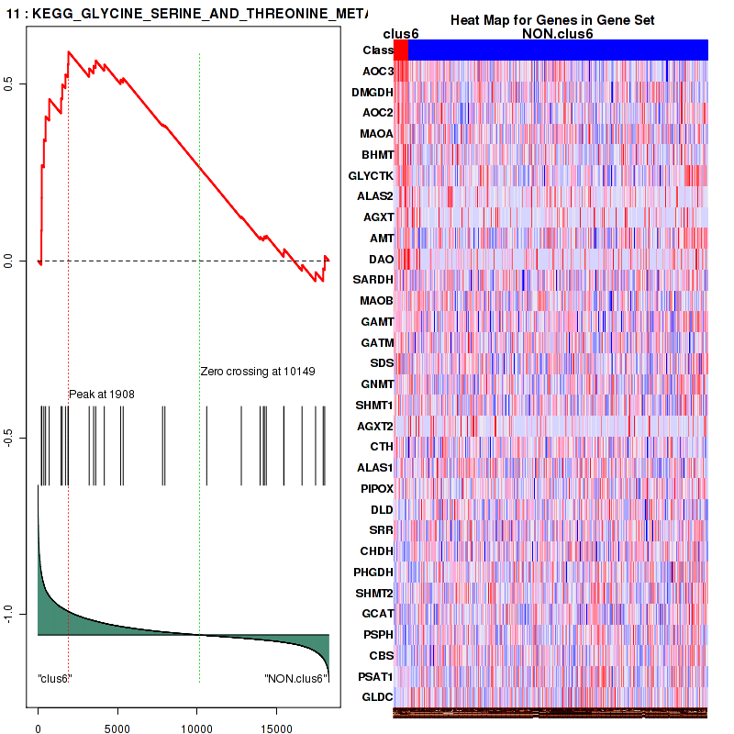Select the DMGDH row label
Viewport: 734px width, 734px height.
[373, 92]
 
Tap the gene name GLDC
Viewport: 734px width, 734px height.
[377, 697]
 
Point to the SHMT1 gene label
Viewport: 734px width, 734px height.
[374, 405]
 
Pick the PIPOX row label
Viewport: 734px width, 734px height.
[375, 488]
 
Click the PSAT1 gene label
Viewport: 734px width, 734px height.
[374, 676]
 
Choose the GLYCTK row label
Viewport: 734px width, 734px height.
[371, 175]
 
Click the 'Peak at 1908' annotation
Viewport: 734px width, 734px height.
[102, 394]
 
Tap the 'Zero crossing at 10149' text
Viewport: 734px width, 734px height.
[258, 372]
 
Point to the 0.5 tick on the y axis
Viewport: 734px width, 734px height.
[21, 84]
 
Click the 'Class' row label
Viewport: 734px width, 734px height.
[378, 50]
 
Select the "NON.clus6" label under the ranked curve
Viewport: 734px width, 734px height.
[295, 679]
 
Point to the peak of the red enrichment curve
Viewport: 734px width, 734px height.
[68, 51]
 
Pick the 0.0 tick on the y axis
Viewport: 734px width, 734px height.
[21, 261]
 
